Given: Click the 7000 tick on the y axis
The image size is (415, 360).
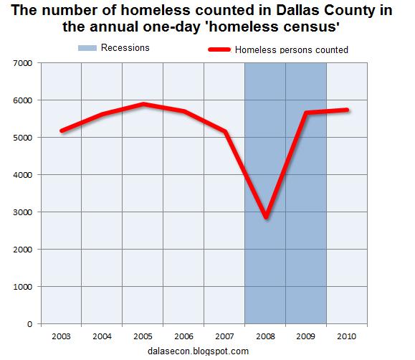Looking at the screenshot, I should pyautogui.click(x=24, y=63).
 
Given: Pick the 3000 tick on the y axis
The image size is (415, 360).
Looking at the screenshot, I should pyautogui.click(x=24, y=212).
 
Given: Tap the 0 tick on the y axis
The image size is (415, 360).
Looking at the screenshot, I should pyautogui.click(x=31, y=324).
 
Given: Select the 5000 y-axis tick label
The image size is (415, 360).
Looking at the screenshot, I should pyautogui.click(x=24, y=138).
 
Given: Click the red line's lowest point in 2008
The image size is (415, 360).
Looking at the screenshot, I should pyautogui.click(x=266, y=217).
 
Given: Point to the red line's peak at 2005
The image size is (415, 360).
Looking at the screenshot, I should pyautogui.click(x=143, y=104).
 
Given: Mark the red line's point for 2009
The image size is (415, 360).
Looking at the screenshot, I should pyautogui.click(x=307, y=113).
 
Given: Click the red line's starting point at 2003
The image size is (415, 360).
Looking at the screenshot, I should pyautogui.click(x=62, y=131).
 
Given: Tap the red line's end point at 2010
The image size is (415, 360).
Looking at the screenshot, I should pyautogui.click(x=348, y=110).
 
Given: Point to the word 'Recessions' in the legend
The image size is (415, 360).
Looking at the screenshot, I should pyautogui.click(x=128, y=48).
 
